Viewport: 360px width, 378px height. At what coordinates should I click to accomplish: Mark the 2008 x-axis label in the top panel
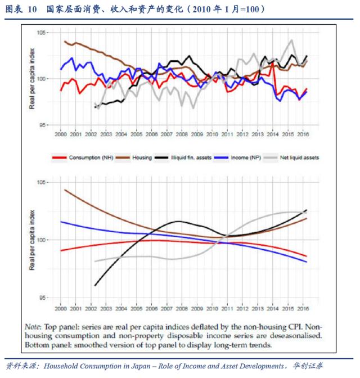click(181, 135)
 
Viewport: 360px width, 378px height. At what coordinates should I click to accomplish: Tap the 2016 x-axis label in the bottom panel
click(303, 309)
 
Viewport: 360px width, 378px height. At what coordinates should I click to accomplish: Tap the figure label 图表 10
click(21, 10)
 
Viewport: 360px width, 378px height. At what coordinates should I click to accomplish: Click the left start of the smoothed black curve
click(94, 286)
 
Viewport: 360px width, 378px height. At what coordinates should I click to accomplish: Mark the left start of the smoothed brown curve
click(65, 190)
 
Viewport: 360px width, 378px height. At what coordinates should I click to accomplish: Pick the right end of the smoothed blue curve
click(307, 262)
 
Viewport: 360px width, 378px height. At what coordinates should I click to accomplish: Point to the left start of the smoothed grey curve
click(94, 261)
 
